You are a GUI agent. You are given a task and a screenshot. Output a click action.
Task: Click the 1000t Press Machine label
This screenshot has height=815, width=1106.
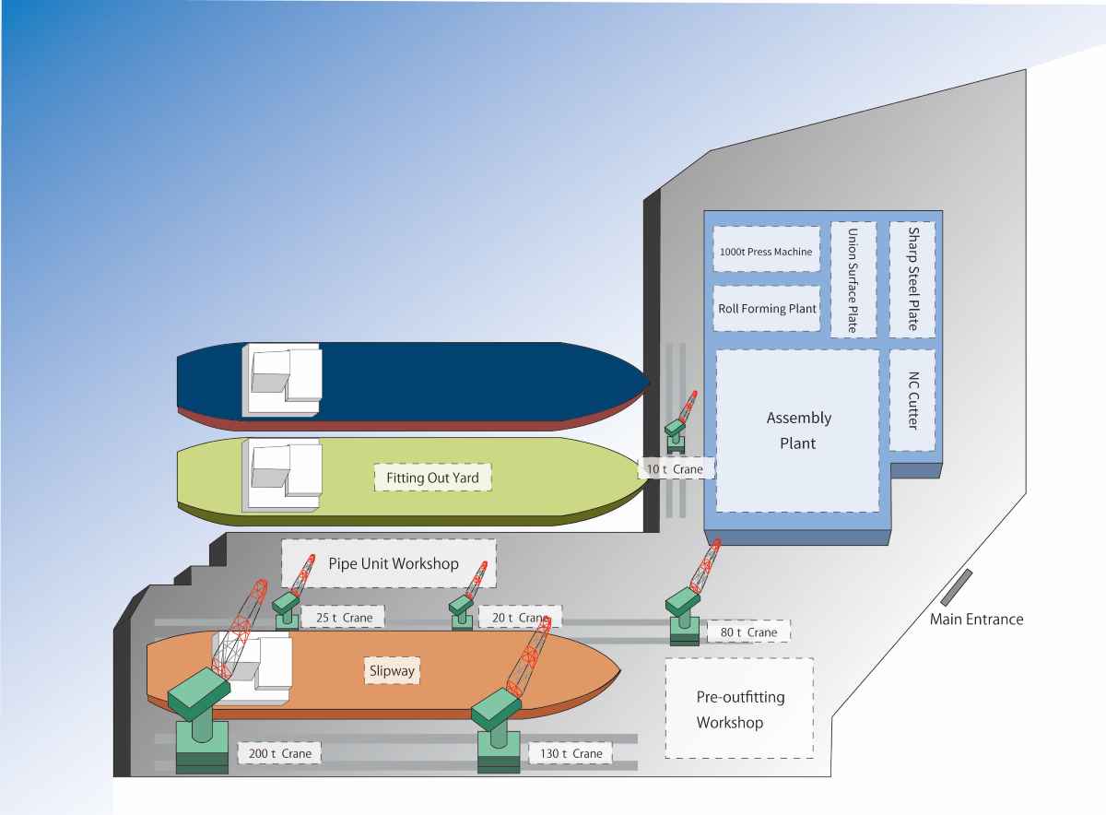(766, 251)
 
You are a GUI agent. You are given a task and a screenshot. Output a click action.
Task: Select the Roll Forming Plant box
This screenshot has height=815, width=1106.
(767, 309)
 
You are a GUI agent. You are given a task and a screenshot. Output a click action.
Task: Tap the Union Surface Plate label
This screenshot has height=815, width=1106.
(853, 279)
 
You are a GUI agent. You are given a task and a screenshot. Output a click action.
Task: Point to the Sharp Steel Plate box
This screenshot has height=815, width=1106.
(912, 279)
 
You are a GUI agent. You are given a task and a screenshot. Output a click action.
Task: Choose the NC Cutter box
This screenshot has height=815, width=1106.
(912, 399)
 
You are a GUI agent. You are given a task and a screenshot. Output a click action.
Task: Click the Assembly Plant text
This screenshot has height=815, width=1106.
(798, 430)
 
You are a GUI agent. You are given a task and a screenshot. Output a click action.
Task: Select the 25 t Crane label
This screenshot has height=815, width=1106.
(342, 616)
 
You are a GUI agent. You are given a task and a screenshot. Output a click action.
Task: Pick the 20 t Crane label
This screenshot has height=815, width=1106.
(520, 617)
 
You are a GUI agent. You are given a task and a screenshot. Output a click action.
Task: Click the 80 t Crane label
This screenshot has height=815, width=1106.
(748, 632)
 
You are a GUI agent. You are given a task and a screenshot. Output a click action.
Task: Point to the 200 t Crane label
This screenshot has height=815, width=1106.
(280, 753)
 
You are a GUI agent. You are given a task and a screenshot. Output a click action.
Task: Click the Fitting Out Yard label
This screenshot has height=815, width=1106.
(432, 478)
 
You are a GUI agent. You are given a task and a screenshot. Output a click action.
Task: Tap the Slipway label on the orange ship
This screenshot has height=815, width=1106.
(391, 670)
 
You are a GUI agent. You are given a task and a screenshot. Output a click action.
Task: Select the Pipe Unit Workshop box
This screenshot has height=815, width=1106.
(389, 563)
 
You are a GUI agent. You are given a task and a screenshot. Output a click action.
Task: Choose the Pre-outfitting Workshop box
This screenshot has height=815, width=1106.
(739, 708)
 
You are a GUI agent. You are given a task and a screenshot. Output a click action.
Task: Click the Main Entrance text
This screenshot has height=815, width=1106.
(976, 619)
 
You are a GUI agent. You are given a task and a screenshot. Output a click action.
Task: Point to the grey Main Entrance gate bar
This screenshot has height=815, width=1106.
(956, 586)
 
